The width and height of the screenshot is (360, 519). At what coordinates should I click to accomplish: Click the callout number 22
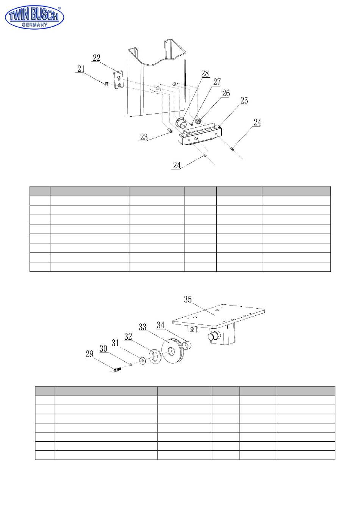coord(96,58)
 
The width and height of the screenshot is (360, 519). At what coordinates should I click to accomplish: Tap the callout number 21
coord(81,69)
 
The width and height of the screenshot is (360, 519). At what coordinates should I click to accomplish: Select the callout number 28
coord(205,74)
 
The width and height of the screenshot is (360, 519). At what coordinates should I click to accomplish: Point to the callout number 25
coord(244,100)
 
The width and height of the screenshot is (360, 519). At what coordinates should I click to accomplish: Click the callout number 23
coord(144,137)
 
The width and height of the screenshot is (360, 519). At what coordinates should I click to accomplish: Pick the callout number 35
coord(188,299)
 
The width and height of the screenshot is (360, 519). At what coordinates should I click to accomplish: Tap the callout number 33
coord(143,327)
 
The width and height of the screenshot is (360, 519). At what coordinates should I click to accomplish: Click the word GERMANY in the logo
coord(34,25)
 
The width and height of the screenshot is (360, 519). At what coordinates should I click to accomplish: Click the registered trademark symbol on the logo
coord(59,8)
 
